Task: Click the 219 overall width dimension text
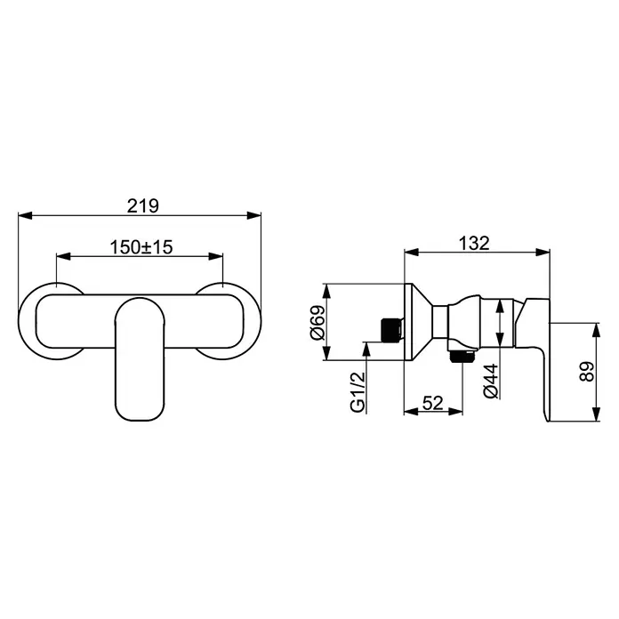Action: click(143, 205)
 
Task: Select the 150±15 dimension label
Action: click(141, 247)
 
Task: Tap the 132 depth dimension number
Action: click(474, 243)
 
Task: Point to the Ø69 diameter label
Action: click(318, 323)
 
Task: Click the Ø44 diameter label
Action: click(492, 381)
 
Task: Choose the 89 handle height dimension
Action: click(587, 372)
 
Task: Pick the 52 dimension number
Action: click(433, 403)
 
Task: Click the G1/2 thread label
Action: click(358, 392)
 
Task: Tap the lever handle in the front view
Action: click(140, 358)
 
